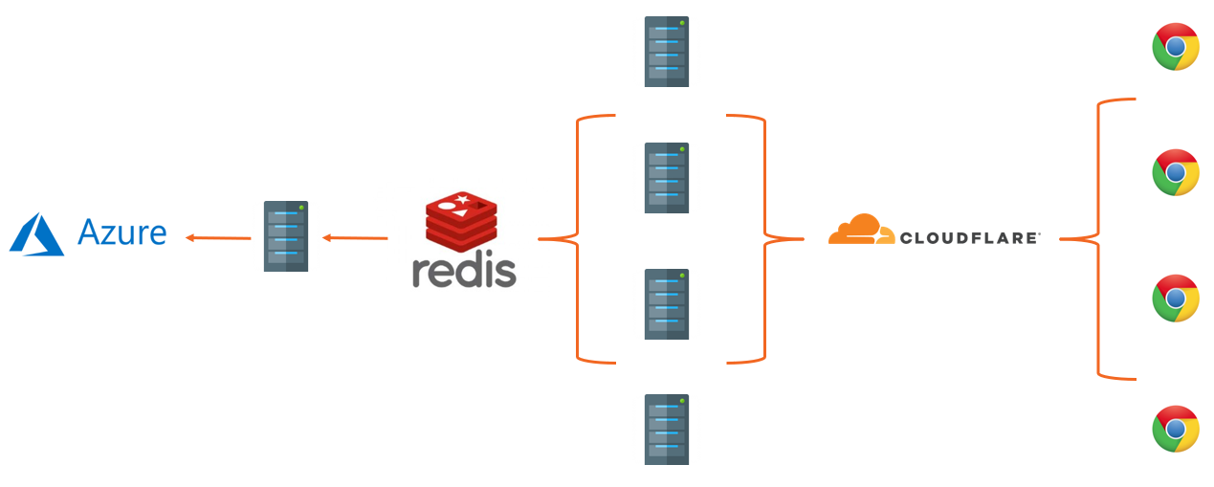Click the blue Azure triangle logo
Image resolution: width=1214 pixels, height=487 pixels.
(36, 234)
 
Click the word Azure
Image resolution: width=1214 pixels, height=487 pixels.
(121, 232)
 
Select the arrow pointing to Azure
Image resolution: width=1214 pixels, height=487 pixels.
(218, 237)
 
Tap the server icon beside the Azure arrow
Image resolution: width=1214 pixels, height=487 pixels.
(286, 236)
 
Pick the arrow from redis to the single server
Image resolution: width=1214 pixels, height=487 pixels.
(355, 237)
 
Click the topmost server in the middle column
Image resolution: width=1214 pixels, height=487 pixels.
(667, 52)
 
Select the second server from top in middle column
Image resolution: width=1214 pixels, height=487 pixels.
(667, 178)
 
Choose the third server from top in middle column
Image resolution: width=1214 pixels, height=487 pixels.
(667, 304)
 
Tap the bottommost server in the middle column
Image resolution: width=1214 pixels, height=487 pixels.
(667, 430)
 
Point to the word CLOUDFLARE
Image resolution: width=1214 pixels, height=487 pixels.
(969, 237)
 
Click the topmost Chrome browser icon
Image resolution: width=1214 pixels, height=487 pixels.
(1176, 47)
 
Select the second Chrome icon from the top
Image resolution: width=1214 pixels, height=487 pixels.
(1176, 172)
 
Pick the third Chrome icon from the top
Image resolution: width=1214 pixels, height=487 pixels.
(1176, 299)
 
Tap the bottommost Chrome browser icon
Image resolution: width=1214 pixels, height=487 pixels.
(1176, 429)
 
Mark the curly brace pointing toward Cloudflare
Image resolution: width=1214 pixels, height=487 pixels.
(765, 238)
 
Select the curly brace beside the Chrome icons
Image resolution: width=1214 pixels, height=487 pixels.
(1098, 238)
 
